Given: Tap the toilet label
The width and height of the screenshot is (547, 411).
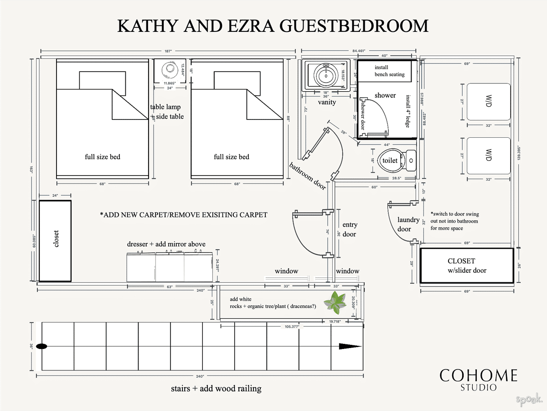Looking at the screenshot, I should pyautogui.click(x=390, y=161).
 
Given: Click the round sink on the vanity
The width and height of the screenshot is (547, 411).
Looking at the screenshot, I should pyautogui.click(x=326, y=74).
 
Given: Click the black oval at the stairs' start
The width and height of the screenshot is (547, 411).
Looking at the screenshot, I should pyautogui.click(x=41, y=346).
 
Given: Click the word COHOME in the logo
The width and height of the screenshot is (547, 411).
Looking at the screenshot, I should pyautogui.click(x=478, y=376).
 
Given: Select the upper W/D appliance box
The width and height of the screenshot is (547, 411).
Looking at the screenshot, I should pyautogui.click(x=488, y=102).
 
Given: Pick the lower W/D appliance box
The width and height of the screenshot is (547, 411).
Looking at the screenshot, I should pyautogui.click(x=488, y=156).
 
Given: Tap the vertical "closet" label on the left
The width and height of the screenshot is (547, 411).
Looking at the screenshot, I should pyautogui.click(x=56, y=239).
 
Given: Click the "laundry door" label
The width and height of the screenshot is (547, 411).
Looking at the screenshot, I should pyautogui.click(x=408, y=224).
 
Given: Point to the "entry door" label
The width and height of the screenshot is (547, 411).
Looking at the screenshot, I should pyautogui.click(x=350, y=229).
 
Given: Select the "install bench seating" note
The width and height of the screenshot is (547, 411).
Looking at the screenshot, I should pyautogui.click(x=389, y=71).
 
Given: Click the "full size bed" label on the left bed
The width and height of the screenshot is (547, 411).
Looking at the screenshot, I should pyautogui.click(x=103, y=157).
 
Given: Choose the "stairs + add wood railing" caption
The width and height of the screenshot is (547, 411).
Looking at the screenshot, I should pyautogui.click(x=216, y=389).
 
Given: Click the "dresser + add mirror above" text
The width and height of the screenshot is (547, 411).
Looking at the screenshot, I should pyautogui.click(x=166, y=244).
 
